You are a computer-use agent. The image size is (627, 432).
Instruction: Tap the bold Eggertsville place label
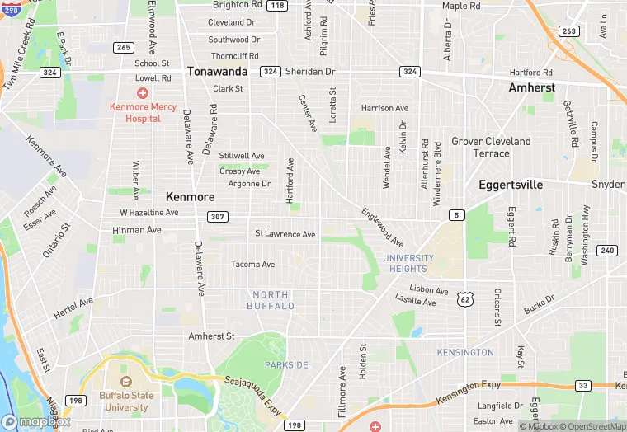(511, 185)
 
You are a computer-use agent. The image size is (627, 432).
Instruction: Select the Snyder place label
(608, 184)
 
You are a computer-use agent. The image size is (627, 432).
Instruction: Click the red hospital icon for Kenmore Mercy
(143, 92)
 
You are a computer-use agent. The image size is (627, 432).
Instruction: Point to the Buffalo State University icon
(125, 383)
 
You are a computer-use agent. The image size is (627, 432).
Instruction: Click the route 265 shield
(124, 47)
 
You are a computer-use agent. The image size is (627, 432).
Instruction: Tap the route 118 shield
(277, 6)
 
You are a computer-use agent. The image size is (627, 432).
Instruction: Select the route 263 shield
(568, 31)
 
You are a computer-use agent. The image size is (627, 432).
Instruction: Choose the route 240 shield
(607, 251)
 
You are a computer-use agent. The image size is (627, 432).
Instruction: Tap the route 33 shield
(582, 385)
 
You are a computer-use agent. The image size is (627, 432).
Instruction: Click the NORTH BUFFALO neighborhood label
(271, 300)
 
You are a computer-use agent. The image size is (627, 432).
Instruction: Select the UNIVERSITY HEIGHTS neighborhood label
(405, 263)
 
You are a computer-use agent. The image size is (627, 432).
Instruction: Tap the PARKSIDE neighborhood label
(286, 364)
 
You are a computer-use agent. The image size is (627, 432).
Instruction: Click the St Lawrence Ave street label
(285, 234)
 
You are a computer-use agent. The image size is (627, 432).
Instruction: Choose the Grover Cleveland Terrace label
(491, 147)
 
